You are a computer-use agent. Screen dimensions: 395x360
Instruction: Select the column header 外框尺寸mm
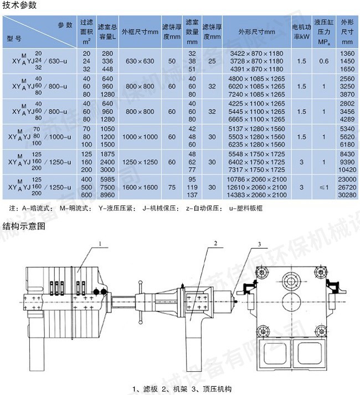pos(140,32)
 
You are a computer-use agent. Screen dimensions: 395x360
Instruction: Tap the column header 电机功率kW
pos(301,32)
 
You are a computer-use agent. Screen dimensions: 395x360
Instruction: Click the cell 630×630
pos(140,61)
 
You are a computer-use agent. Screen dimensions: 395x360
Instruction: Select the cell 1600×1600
pos(140,187)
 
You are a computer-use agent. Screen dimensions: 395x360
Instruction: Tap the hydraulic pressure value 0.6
pos(324,61)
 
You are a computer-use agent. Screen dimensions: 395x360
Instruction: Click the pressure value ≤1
pos(324,187)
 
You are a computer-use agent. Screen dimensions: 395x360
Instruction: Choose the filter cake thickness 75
pos(172,187)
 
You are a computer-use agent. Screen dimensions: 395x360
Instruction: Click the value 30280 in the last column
pos(347,195)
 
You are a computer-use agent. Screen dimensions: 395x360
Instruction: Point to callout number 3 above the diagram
pos(259,244)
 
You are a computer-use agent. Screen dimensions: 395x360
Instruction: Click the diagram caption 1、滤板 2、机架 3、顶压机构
pos(178,388)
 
